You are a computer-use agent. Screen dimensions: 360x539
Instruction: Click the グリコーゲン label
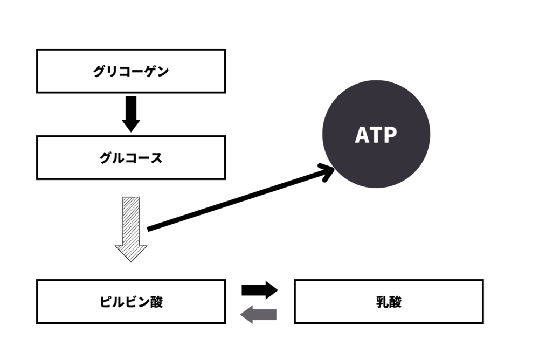[x=130, y=71]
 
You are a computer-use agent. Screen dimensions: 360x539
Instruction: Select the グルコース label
[x=130, y=158]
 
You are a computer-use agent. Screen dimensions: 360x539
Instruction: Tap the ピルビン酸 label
[x=131, y=302]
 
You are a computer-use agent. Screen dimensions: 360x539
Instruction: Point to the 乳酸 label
[x=389, y=302]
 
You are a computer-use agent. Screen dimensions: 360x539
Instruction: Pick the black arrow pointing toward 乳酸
[x=259, y=290]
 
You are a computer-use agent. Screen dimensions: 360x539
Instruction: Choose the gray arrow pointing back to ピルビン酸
[x=258, y=314]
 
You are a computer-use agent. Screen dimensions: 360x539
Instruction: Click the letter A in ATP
[x=362, y=135]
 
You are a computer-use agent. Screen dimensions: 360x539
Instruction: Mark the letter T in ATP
[x=376, y=135]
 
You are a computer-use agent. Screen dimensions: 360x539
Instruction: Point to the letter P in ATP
[x=390, y=135]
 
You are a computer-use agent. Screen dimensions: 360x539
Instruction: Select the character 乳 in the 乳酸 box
[x=382, y=302]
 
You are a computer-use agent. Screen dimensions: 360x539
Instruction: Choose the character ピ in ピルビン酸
[x=106, y=302]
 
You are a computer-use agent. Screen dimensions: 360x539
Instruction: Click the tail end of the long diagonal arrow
[x=149, y=230]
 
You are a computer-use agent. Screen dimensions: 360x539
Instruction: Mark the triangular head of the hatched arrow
[x=131, y=252]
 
